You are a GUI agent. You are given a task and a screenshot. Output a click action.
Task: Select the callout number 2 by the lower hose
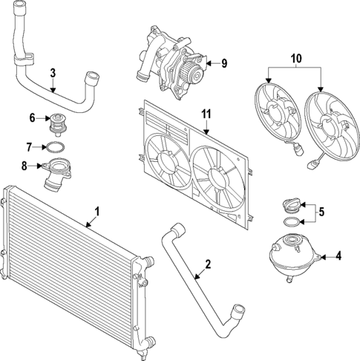(x=209, y=264)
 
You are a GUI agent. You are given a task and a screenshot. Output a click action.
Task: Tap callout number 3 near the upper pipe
(x=53, y=73)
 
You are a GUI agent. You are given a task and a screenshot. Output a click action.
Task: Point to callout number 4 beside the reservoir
(x=338, y=256)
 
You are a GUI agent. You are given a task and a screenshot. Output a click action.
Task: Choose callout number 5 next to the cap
(x=321, y=212)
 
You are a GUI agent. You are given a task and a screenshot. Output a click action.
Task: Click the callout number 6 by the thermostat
(x=33, y=117)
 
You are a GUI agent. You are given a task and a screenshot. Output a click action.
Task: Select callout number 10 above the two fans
(x=296, y=58)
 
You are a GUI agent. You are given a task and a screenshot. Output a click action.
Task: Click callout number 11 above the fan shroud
(x=207, y=114)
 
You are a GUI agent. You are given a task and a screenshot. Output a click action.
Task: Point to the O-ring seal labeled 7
(x=56, y=146)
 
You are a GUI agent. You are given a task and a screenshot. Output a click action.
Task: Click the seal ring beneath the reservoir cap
(x=292, y=221)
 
